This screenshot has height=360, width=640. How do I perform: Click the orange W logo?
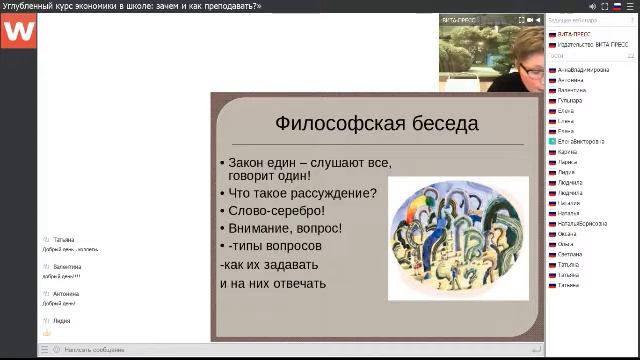[18, 31]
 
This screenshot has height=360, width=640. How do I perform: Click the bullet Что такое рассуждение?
[302, 193]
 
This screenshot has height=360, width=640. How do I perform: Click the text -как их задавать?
[269, 265]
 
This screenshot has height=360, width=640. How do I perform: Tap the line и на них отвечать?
[273, 283]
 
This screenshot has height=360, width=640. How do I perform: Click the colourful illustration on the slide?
[458, 238]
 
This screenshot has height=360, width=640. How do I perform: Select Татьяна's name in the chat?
[64, 240]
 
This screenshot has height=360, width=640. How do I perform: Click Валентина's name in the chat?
[68, 267]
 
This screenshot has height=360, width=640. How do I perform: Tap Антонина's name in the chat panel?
[67, 294]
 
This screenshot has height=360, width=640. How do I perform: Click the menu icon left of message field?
[43, 350]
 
